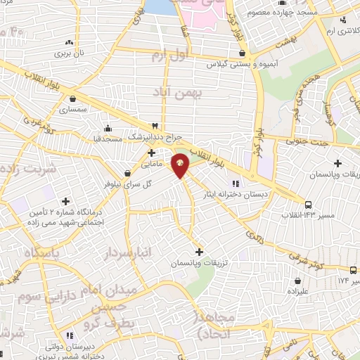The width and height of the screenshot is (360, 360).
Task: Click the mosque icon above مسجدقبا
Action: point(107,128)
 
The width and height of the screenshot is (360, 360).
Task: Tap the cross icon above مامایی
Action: point(151,152)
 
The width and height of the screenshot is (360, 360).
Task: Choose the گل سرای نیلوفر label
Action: point(148,184)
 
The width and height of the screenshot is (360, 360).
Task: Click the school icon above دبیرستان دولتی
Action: point(69,336)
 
